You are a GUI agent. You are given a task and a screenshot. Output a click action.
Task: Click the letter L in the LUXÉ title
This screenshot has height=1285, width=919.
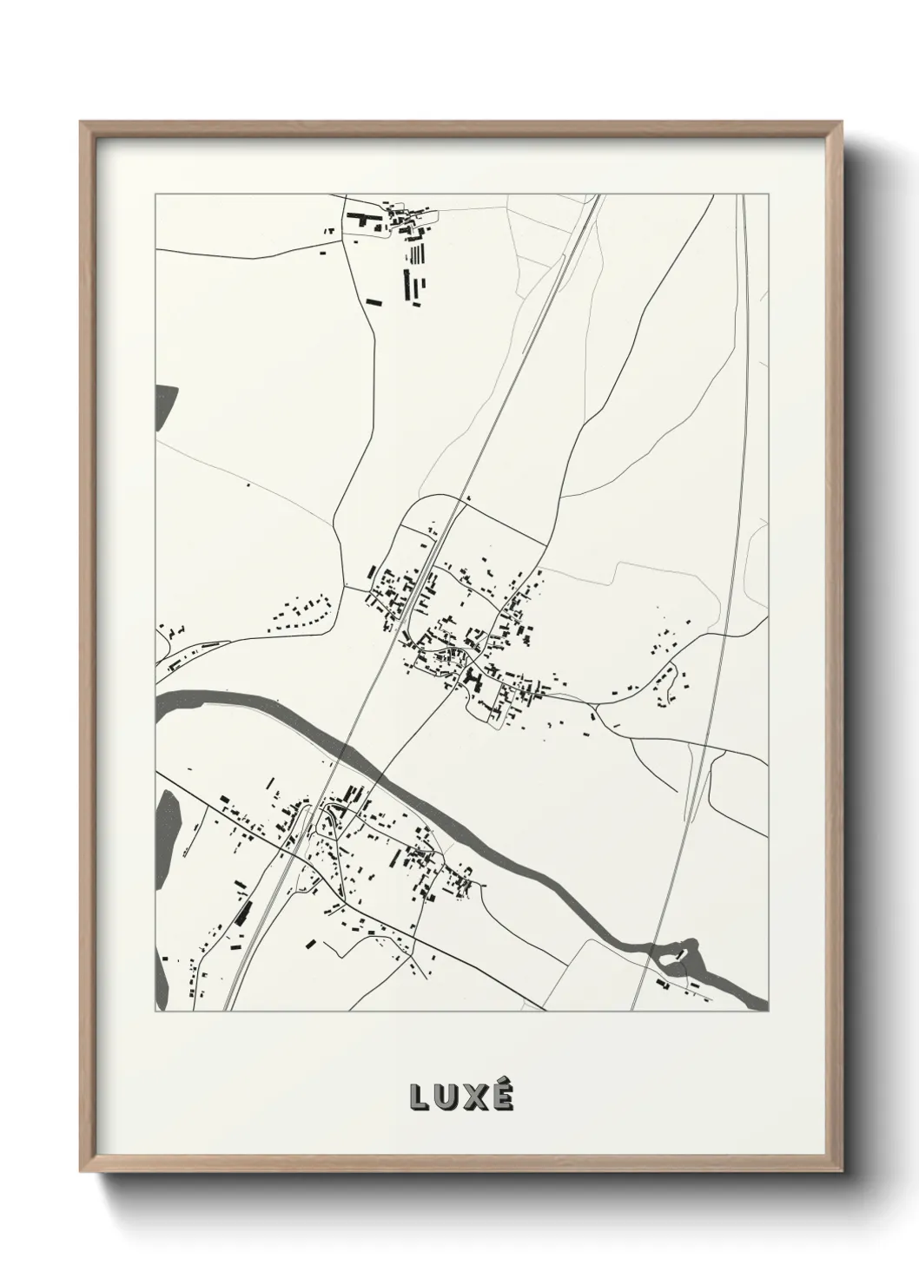(420, 1098)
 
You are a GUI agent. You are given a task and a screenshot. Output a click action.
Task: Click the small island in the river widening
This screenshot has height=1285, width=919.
(681, 953)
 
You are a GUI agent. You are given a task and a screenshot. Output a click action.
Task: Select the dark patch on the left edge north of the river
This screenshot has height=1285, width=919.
(164, 407)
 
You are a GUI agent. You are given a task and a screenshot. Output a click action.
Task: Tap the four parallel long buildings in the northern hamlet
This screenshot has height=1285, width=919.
(418, 254)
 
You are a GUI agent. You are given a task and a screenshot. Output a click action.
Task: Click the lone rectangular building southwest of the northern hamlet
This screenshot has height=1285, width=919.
(374, 302)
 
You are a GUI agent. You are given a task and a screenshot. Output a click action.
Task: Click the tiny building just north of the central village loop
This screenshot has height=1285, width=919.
(467, 498)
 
